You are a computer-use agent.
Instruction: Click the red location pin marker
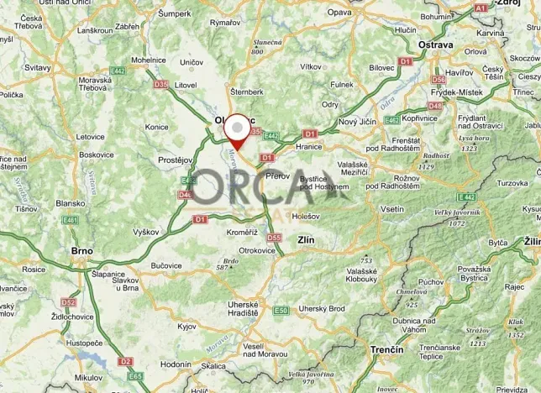point(239,132)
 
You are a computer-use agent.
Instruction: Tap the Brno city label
point(81,250)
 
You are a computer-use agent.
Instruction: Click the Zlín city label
point(306,240)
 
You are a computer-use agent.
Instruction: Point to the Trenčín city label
point(386,348)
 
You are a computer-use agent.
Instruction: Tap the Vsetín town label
point(391,208)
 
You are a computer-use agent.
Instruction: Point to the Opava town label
point(339,13)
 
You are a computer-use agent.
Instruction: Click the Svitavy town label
point(37,67)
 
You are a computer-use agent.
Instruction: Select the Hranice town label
point(310,145)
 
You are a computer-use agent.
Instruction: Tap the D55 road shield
point(273,238)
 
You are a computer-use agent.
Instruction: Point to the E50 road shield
point(281,311)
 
